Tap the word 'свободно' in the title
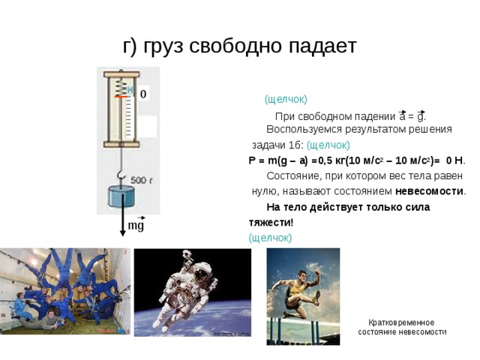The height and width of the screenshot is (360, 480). (x=229, y=46)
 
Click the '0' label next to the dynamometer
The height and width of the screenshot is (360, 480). (x=142, y=93)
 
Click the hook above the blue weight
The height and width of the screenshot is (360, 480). (x=120, y=177)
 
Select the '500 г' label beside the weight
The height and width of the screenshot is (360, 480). (x=142, y=181)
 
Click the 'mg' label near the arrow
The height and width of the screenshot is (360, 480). (x=136, y=225)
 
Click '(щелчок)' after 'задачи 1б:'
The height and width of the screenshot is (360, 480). (x=328, y=145)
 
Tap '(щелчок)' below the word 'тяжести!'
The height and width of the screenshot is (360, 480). (x=270, y=238)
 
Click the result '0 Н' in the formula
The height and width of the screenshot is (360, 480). (x=454, y=160)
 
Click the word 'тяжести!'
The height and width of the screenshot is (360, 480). (x=271, y=223)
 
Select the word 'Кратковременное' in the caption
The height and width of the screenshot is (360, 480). (x=402, y=322)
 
